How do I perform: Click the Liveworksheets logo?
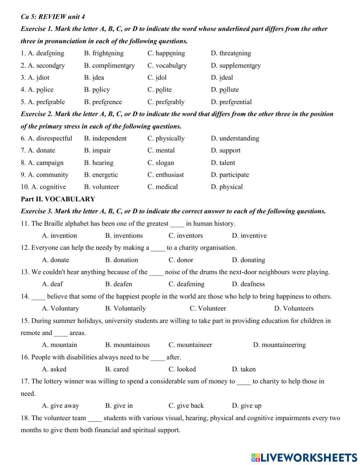point(304,457)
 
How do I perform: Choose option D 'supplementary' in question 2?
point(235,66)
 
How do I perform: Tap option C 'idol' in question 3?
point(157,77)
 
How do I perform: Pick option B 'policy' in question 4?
point(97,90)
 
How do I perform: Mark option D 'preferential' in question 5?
point(231,102)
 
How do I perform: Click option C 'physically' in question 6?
point(166,138)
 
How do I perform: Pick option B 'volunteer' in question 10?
point(101,187)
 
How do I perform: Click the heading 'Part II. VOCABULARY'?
point(58,199)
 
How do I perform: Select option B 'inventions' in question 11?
point(124,236)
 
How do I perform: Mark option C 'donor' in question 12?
point(181,260)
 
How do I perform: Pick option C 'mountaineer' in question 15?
point(190,345)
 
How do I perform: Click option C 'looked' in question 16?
point(182,369)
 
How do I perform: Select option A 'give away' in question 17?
point(60,406)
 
